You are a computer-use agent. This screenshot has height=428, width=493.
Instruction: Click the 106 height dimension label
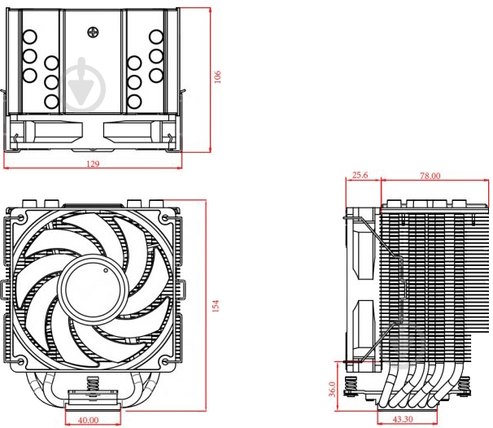(x=218, y=76)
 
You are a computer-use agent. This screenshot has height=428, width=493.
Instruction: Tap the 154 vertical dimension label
(x=216, y=305)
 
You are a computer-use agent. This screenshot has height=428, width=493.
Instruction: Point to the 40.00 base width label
(x=87, y=420)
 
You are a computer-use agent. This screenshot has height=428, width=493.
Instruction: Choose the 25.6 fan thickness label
(x=360, y=176)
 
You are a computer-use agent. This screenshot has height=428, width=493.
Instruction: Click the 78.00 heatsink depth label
(x=430, y=176)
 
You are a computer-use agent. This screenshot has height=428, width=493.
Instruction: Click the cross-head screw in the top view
(x=94, y=32)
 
